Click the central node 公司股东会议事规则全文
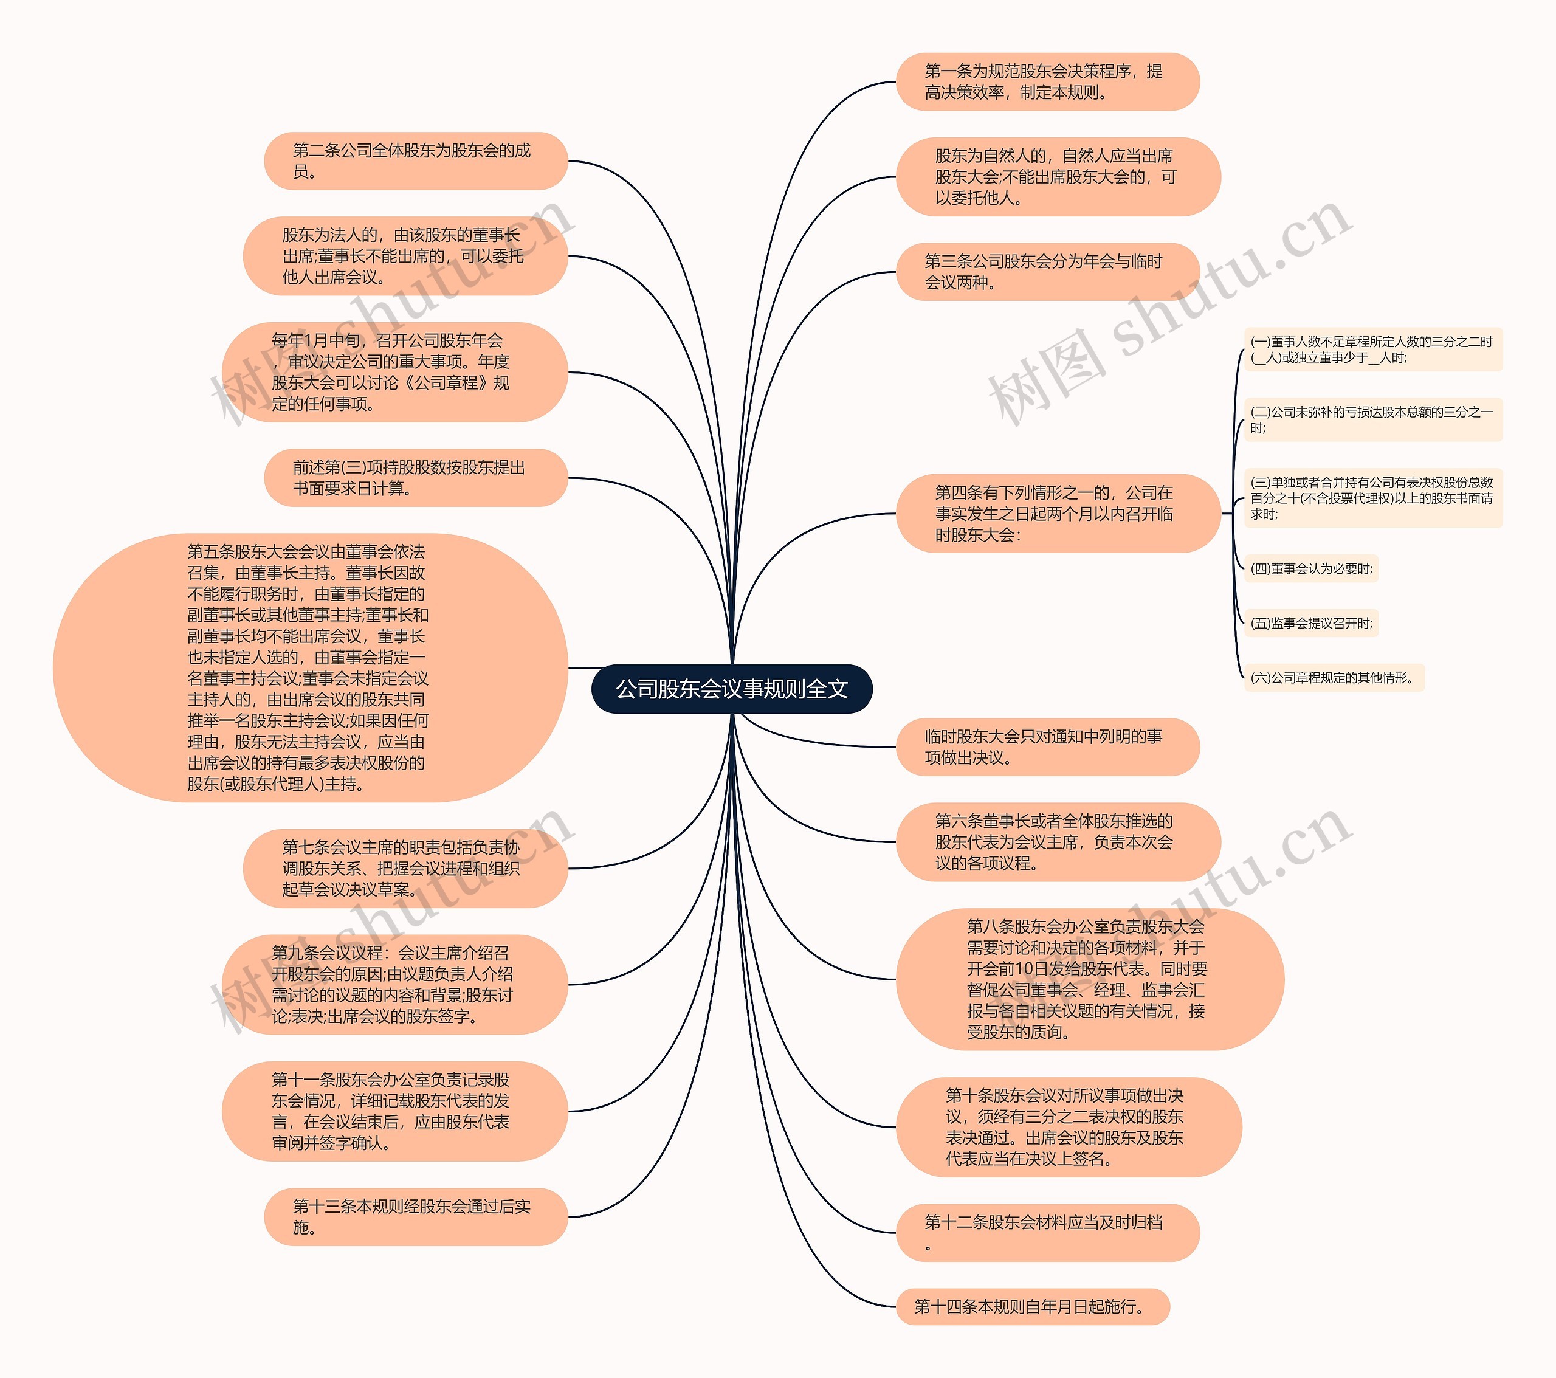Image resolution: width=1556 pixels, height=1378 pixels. point(732,689)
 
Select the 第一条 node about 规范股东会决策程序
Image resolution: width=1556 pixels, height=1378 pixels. point(1047,81)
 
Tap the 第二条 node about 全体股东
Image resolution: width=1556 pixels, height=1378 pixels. point(416,160)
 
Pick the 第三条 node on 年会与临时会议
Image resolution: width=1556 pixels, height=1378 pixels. point(1047,272)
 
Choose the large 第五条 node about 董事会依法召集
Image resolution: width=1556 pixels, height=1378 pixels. point(310,667)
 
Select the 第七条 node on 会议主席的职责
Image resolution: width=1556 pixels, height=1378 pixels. point(405,868)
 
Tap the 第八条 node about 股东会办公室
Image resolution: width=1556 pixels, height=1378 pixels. point(1089,979)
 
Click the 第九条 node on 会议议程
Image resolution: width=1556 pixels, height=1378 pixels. point(394,984)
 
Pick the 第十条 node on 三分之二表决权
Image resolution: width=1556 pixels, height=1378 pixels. point(1068,1127)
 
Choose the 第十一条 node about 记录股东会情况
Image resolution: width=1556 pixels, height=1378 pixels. point(394,1111)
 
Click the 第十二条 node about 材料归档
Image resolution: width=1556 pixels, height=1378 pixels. point(1047,1232)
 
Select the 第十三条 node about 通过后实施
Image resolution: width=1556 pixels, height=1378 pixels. point(416,1216)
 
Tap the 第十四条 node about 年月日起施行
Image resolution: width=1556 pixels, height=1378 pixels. point(1032,1306)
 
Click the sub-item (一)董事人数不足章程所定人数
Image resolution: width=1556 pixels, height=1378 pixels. point(1372,350)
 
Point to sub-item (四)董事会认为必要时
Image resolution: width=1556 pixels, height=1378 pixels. point(1311,569)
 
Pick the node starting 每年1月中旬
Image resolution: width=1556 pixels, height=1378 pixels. point(394,371)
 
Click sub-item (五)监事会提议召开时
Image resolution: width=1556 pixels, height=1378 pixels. point(1311,624)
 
